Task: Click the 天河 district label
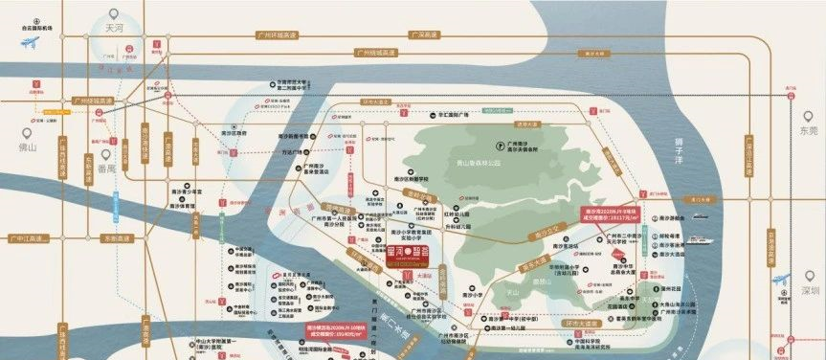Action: (115, 31)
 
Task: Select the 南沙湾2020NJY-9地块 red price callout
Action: (612, 216)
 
